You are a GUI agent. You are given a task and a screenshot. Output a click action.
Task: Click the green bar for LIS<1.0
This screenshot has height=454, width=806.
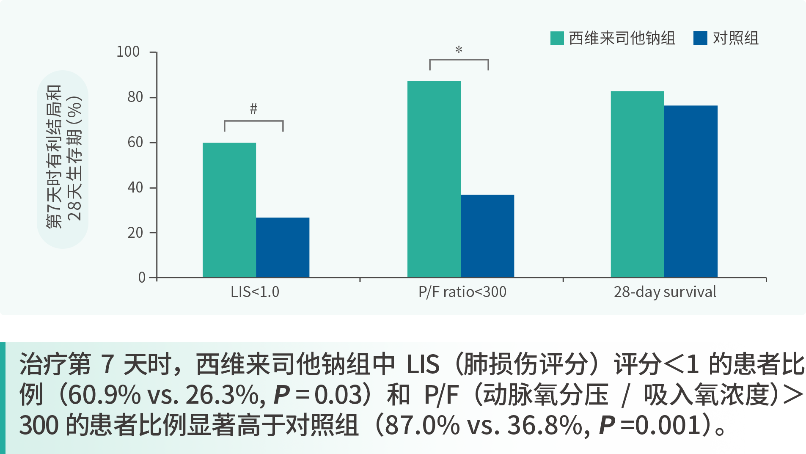click(x=229, y=210)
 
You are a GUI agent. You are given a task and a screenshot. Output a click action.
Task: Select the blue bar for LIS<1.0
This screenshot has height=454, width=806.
click(x=283, y=248)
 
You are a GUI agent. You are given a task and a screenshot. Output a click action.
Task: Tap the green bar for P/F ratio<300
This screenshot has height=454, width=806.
click(x=434, y=179)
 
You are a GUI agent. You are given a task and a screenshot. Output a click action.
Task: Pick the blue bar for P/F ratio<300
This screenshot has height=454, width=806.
click(x=487, y=236)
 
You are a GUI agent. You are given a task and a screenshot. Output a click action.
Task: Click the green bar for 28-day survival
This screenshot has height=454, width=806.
click(x=637, y=184)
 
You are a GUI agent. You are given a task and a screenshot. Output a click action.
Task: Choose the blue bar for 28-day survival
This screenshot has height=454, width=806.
click(x=690, y=191)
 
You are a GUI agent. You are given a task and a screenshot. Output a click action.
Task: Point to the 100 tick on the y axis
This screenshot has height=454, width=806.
click(x=128, y=52)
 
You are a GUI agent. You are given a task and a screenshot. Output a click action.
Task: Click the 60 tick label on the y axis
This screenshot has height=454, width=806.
click(x=135, y=143)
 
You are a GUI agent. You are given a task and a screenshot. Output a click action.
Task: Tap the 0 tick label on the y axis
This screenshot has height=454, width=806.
click(x=142, y=278)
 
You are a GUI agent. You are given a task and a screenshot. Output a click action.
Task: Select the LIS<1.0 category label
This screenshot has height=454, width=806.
click(x=255, y=292)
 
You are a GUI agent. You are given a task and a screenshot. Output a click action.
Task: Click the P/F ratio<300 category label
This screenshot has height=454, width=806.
click(x=462, y=292)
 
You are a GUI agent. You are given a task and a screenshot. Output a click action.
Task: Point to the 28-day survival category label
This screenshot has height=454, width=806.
click(x=665, y=292)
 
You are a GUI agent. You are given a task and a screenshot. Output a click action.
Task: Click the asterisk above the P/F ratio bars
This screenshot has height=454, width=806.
click(x=459, y=50)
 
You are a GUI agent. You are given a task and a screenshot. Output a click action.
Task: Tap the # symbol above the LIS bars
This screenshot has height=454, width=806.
click(x=253, y=109)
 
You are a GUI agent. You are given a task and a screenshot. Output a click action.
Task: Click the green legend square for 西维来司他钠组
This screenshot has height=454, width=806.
click(x=557, y=38)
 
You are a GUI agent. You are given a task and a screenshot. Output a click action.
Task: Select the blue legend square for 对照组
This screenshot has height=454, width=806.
click(x=700, y=38)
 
